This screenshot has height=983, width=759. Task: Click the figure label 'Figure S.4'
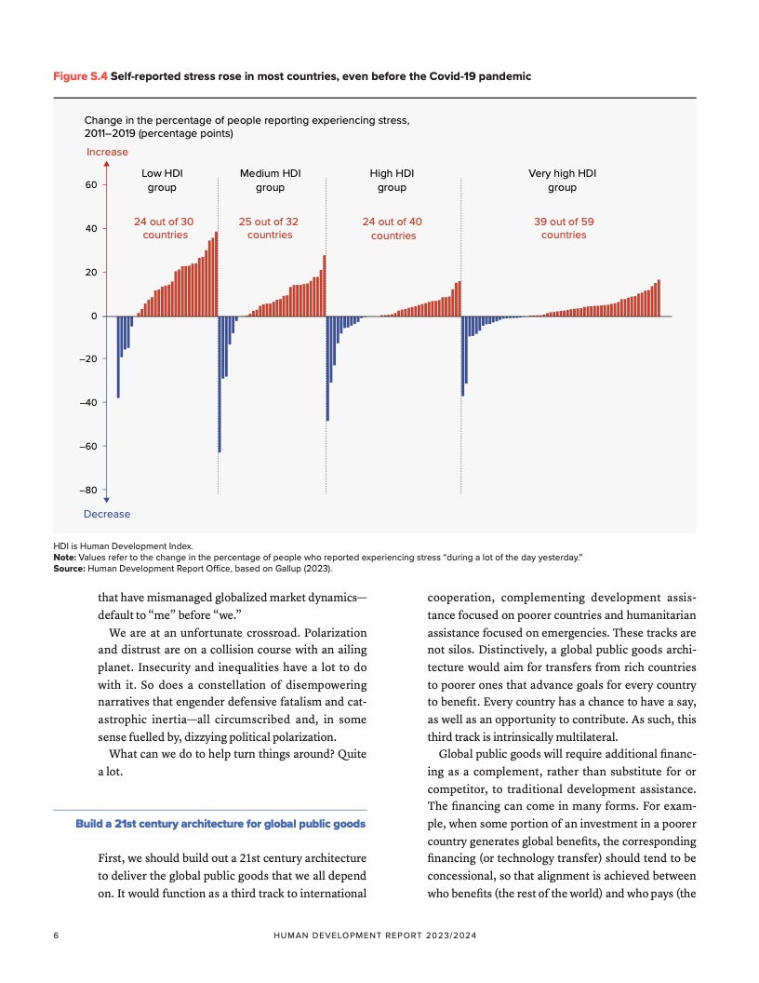click(x=80, y=76)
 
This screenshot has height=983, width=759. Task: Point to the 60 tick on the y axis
click(x=91, y=185)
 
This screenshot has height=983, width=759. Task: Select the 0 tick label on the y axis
click(x=94, y=316)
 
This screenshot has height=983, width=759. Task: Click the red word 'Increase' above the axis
click(x=107, y=152)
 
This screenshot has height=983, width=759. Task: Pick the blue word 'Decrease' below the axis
click(x=107, y=514)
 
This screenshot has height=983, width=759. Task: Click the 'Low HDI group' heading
click(x=162, y=180)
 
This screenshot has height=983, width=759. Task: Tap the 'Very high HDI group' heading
click(x=562, y=180)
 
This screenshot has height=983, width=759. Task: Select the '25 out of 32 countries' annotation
click(x=270, y=228)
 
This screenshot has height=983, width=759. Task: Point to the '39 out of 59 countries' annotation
click(x=563, y=228)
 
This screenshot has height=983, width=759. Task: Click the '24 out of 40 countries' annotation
click(x=393, y=228)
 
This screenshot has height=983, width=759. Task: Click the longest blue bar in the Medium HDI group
click(x=220, y=384)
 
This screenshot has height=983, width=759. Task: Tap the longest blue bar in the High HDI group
click(x=327, y=369)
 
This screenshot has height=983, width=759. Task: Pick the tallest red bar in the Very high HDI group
click(x=659, y=298)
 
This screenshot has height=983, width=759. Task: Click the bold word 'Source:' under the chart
click(x=69, y=567)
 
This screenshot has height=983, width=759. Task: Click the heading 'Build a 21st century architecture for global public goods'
click(x=220, y=825)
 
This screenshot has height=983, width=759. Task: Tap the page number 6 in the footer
click(x=56, y=935)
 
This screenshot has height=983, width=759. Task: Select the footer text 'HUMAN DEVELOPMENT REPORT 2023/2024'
click(x=379, y=935)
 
